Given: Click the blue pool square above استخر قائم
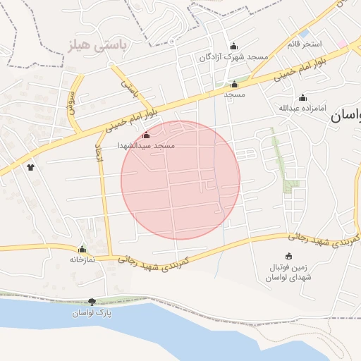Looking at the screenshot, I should (303, 33).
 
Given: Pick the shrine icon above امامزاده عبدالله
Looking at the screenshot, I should (303, 98).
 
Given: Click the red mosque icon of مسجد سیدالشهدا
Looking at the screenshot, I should (146, 135).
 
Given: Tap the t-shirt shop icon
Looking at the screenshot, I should (30, 167).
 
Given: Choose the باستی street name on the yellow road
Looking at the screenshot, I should (128, 87).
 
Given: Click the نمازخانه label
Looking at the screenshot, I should (82, 259).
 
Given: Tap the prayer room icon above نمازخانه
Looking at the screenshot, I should (82, 249).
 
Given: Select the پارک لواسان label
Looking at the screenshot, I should (92, 312).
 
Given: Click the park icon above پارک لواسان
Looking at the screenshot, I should (92, 302).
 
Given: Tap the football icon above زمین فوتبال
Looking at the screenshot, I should (288, 256).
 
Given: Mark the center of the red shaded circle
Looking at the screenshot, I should (180, 180).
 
